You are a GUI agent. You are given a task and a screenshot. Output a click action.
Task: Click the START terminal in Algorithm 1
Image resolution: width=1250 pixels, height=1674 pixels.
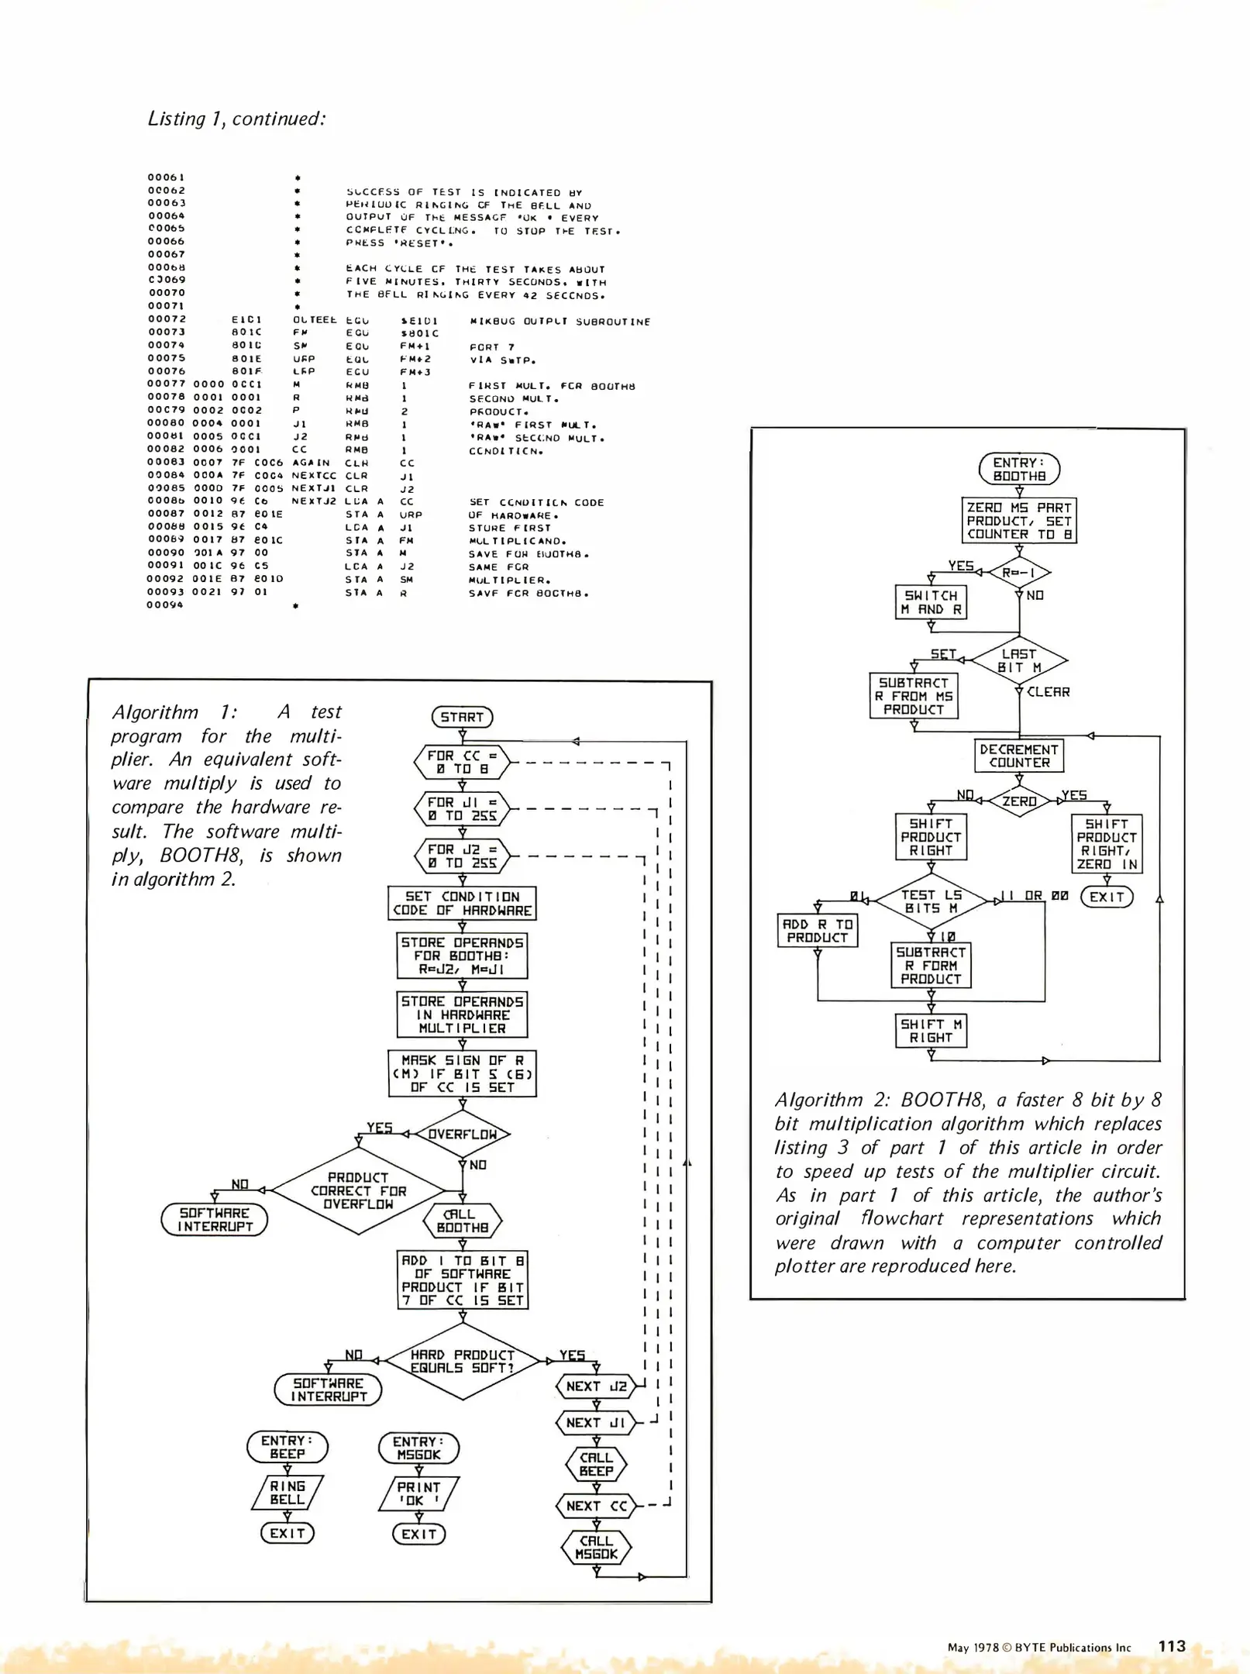(x=462, y=717)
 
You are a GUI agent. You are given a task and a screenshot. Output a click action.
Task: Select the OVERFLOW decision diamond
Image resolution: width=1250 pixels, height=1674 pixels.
(x=463, y=1134)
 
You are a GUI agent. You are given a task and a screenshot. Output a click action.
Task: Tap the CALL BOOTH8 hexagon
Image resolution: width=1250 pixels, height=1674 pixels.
(x=463, y=1221)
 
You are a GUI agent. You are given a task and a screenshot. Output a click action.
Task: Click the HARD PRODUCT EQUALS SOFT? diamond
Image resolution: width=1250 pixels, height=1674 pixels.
(x=463, y=1361)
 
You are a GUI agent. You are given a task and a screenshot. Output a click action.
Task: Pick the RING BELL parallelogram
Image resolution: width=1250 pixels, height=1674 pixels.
(x=288, y=1493)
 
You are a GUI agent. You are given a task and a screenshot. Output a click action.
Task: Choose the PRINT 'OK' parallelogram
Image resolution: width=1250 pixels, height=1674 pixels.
(x=419, y=1493)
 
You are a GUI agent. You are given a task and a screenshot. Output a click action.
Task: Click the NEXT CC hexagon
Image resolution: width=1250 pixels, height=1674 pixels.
(x=595, y=1506)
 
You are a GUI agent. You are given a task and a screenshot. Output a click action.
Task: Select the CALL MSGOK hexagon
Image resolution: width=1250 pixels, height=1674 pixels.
(x=596, y=1548)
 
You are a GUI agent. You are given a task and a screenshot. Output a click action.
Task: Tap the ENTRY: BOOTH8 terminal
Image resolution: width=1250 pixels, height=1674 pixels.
(x=1019, y=469)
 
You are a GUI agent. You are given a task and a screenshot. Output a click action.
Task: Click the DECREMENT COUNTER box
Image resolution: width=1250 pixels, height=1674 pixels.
(x=1019, y=756)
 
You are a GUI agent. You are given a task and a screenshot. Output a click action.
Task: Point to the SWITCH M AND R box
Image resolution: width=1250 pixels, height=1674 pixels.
(x=931, y=602)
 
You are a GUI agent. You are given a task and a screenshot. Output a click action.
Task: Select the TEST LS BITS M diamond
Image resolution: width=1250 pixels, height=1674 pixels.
(x=931, y=901)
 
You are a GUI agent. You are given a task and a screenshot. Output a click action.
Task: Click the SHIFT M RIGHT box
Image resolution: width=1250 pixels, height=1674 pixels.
(x=931, y=1031)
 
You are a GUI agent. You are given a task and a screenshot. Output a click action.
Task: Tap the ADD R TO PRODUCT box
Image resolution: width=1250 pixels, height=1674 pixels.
(x=817, y=931)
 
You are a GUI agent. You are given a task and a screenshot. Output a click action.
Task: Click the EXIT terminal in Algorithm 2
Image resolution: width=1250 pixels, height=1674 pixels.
(x=1107, y=897)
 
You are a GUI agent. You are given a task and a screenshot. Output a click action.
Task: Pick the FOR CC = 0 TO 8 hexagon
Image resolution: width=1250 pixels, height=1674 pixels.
(x=463, y=763)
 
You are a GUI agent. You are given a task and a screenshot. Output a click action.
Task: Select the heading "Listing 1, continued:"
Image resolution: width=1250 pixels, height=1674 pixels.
(x=236, y=119)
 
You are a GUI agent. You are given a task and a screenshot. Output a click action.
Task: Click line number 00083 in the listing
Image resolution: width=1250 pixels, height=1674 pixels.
(x=166, y=463)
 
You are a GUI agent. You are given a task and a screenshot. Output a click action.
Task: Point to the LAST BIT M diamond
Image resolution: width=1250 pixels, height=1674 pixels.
(x=1019, y=660)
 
